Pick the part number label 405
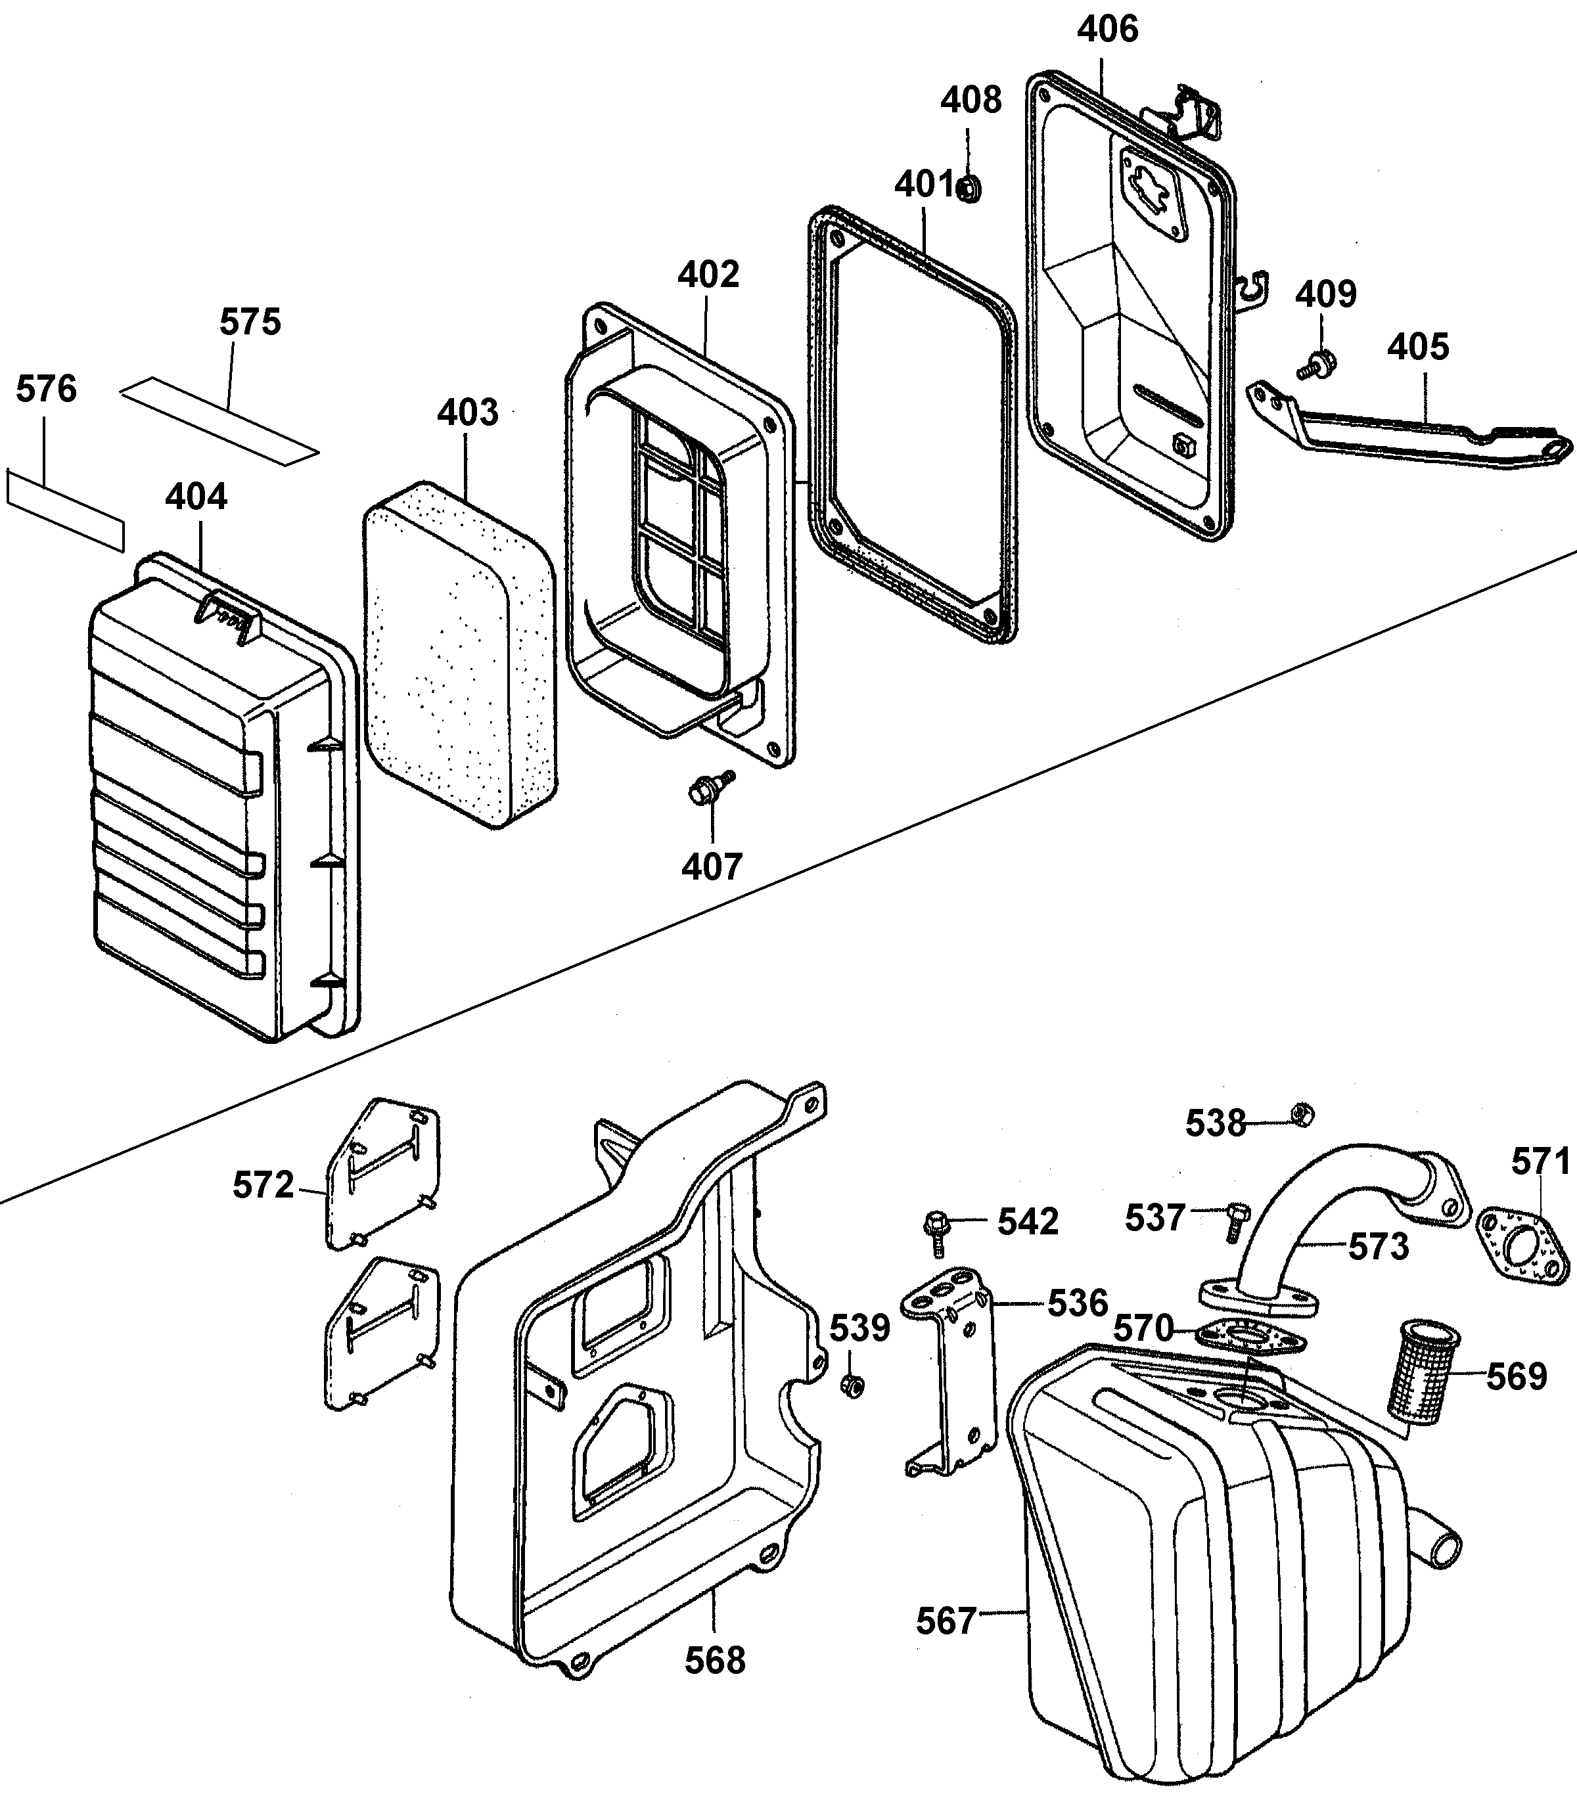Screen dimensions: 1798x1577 1418,347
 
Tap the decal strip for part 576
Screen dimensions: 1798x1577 65,510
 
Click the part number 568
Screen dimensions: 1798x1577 715,1661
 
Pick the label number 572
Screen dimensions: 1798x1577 262,1186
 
